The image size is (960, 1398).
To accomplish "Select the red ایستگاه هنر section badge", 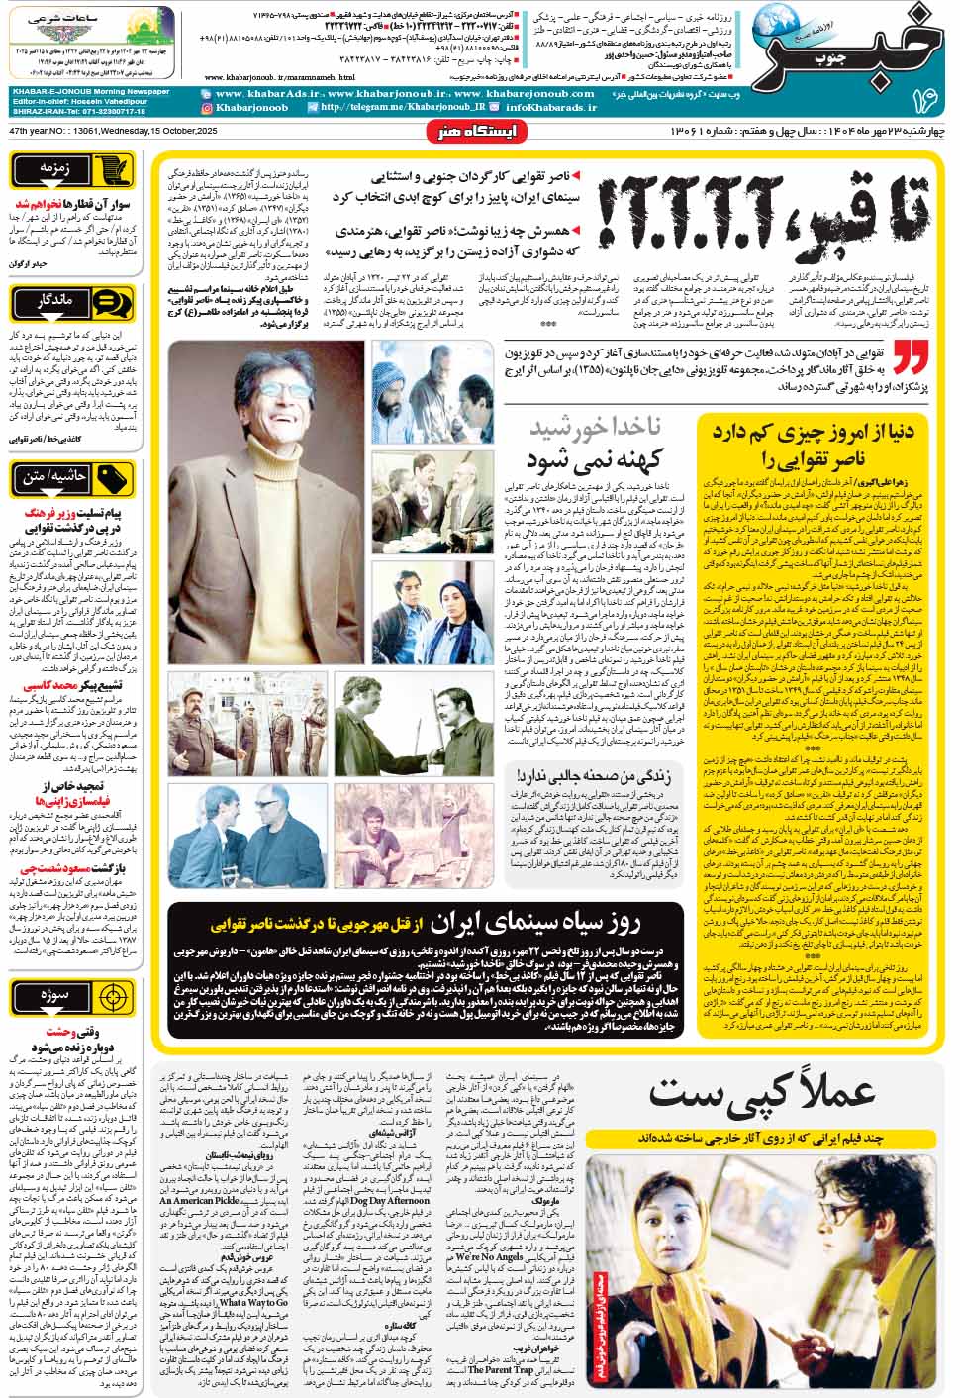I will point(477,132).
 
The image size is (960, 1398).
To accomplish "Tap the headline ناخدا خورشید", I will point(595,428).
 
